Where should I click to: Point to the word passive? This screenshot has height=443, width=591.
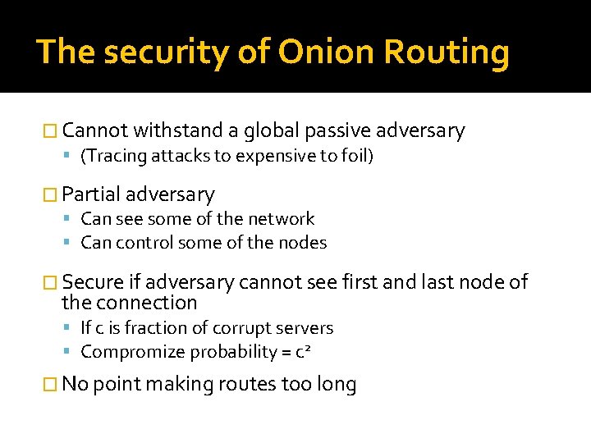pyautogui.click(x=336, y=130)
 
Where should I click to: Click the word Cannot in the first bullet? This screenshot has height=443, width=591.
pyautogui.click(x=94, y=130)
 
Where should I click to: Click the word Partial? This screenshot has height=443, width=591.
pyautogui.click(x=91, y=194)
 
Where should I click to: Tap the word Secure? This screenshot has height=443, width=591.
pyautogui.click(x=93, y=282)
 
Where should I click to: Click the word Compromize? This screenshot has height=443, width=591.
pyautogui.click(x=133, y=352)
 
